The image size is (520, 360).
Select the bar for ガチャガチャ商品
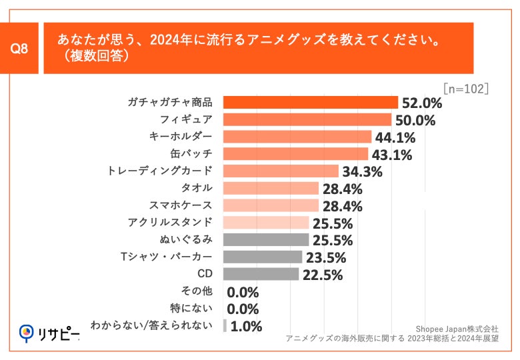[x=310, y=103]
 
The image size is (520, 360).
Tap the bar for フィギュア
[x=307, y=120]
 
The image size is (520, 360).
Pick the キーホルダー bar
[x=297, y=137]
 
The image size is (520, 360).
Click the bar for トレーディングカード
[x=281, y=171]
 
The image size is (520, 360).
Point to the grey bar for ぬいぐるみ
[x=265, y=240]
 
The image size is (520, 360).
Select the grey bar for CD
[x=261, y=274]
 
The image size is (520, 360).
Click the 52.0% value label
[x=421, y=103]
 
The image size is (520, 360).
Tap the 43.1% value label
[x=391, y=155]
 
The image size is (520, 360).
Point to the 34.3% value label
[x=362, y=172]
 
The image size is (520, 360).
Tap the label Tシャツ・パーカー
[x=167, y=257]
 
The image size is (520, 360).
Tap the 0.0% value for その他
[x=243, y=292]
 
